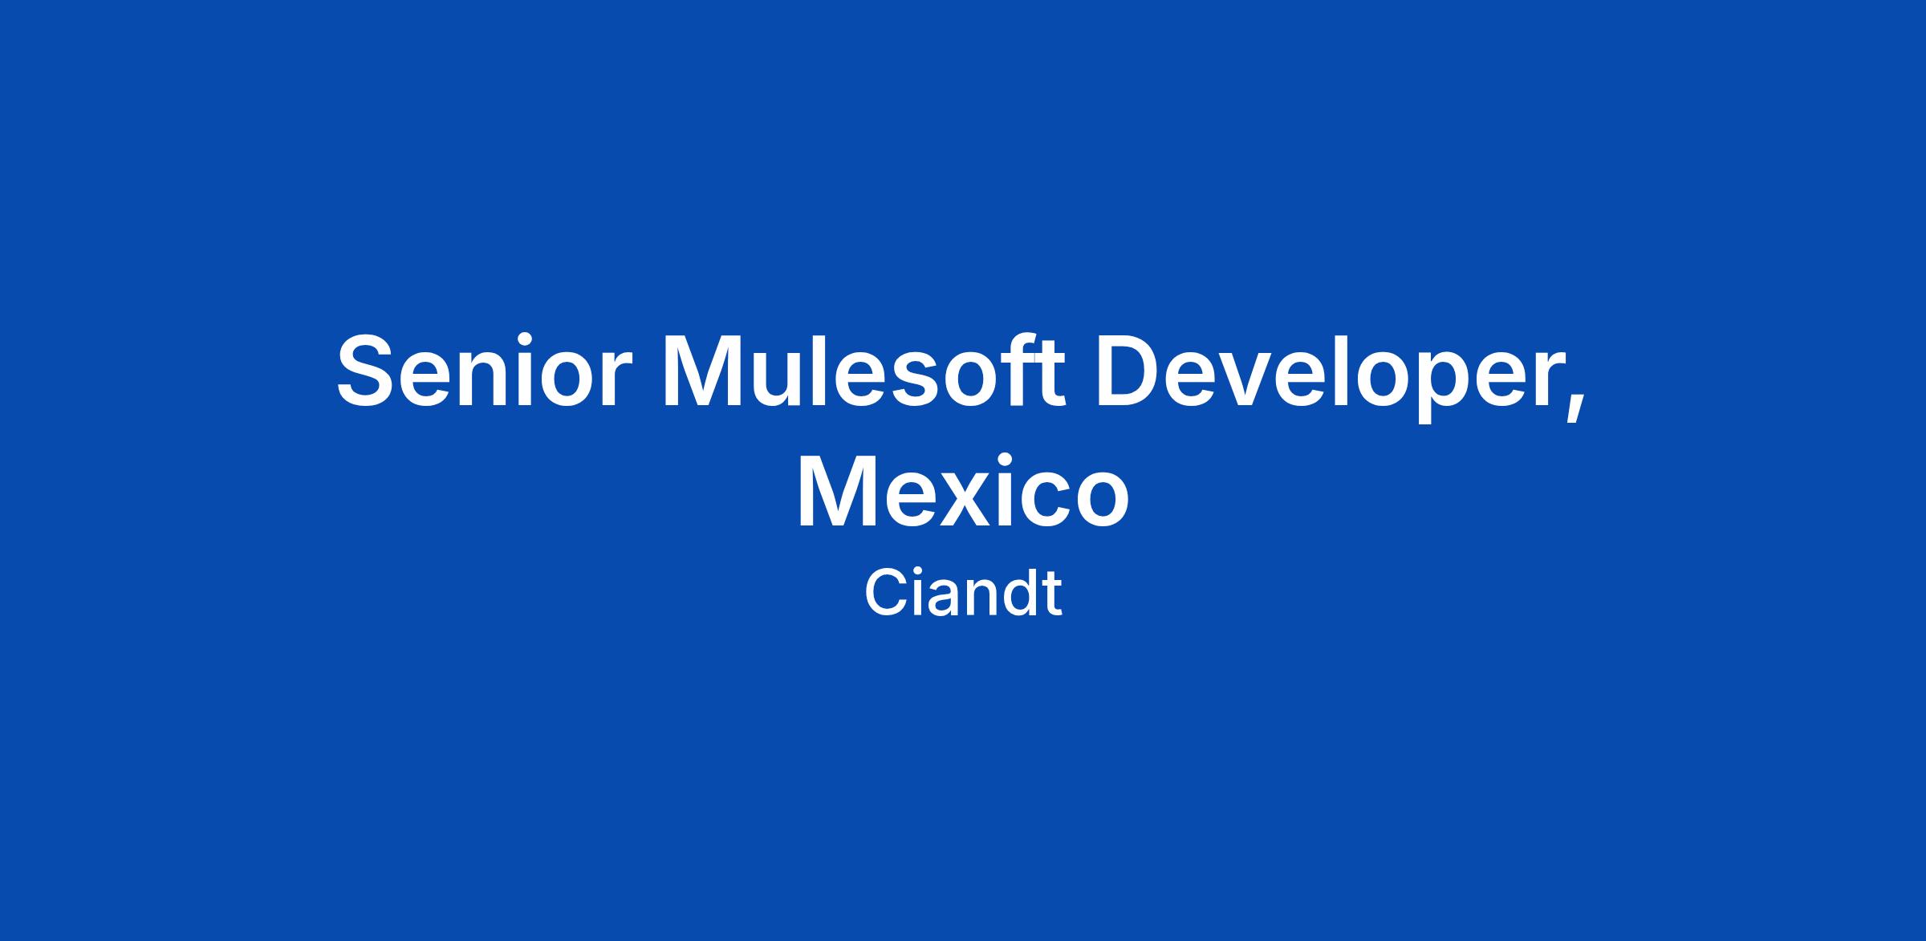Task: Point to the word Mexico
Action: point(962,491)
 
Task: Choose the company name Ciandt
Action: point(963,593)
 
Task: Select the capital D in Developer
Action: point(1132,371)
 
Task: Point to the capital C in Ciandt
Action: point(886,593)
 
